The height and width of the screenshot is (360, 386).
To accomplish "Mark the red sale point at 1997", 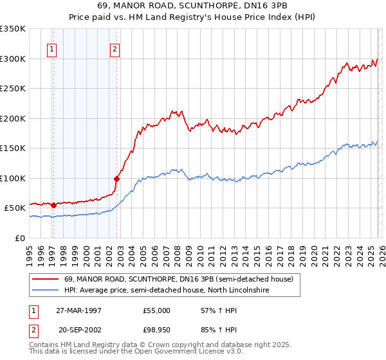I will pos(54,205).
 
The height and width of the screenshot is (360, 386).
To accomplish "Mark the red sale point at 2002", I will pos(116,179).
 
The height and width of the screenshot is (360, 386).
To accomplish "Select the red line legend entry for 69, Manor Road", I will pos(179,280).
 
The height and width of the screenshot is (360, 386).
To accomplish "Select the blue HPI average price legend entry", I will pos(166,291).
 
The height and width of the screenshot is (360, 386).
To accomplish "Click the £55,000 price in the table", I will pos(157,310).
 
